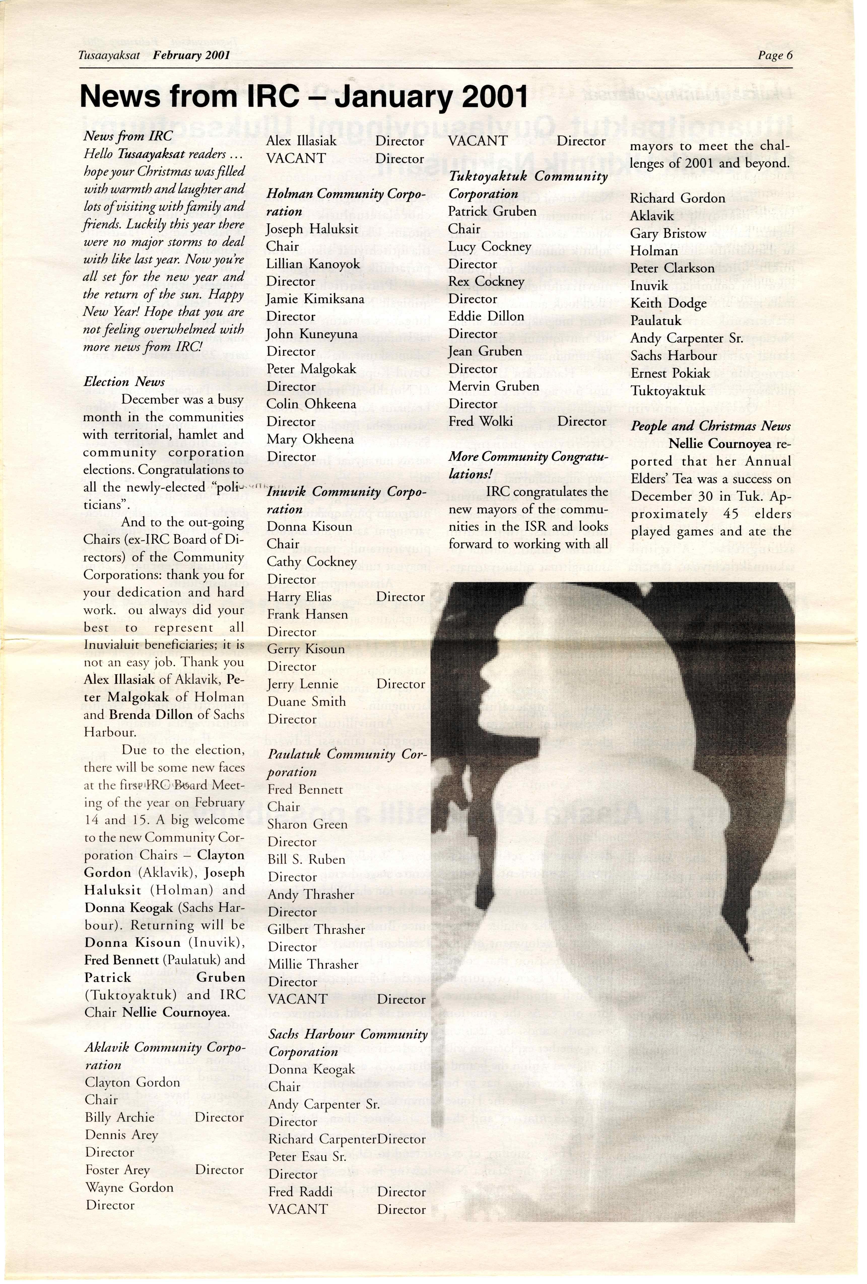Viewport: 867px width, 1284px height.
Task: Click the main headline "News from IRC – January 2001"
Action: [304, 97]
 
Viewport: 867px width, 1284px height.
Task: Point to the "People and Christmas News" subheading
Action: [711, 426]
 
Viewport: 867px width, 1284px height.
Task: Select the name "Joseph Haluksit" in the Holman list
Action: [312, 229]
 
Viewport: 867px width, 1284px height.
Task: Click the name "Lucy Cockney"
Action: [489, 246]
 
